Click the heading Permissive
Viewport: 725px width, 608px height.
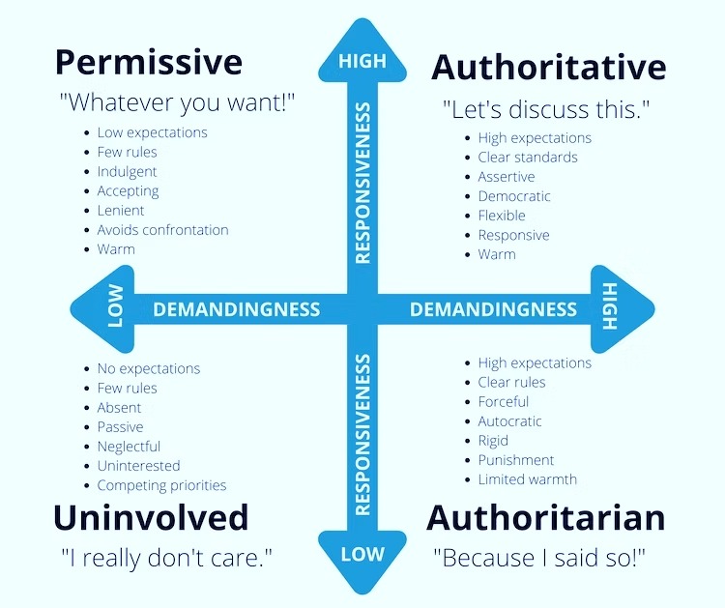point(149,63)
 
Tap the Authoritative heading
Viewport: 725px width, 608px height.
point(548,67)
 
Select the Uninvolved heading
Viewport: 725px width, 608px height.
point(151,517)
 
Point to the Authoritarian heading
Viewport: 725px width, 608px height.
point(545,518)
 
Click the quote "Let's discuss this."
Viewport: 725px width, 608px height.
point(546,109)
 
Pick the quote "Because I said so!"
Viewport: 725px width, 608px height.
point(539,557)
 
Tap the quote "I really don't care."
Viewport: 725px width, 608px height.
point(166,558)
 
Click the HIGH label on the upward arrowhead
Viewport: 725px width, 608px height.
point(362,61)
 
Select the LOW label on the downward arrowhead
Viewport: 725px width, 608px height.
point(362,554)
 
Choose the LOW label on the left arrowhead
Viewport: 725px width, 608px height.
point(116,305)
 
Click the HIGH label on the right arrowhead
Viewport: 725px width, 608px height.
point(610,306)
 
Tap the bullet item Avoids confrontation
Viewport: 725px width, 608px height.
point(162,230)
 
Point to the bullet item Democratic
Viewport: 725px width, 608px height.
point(514,196)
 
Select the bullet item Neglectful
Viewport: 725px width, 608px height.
point(129,447)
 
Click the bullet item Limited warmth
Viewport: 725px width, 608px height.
point(528,479)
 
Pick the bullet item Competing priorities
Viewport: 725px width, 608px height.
point(161,485)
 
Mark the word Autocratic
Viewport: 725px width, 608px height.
point(510,421)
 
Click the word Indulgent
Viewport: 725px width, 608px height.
point(127,171)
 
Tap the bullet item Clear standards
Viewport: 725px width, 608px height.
point(528,158)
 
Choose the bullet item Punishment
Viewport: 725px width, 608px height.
point(516,460)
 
